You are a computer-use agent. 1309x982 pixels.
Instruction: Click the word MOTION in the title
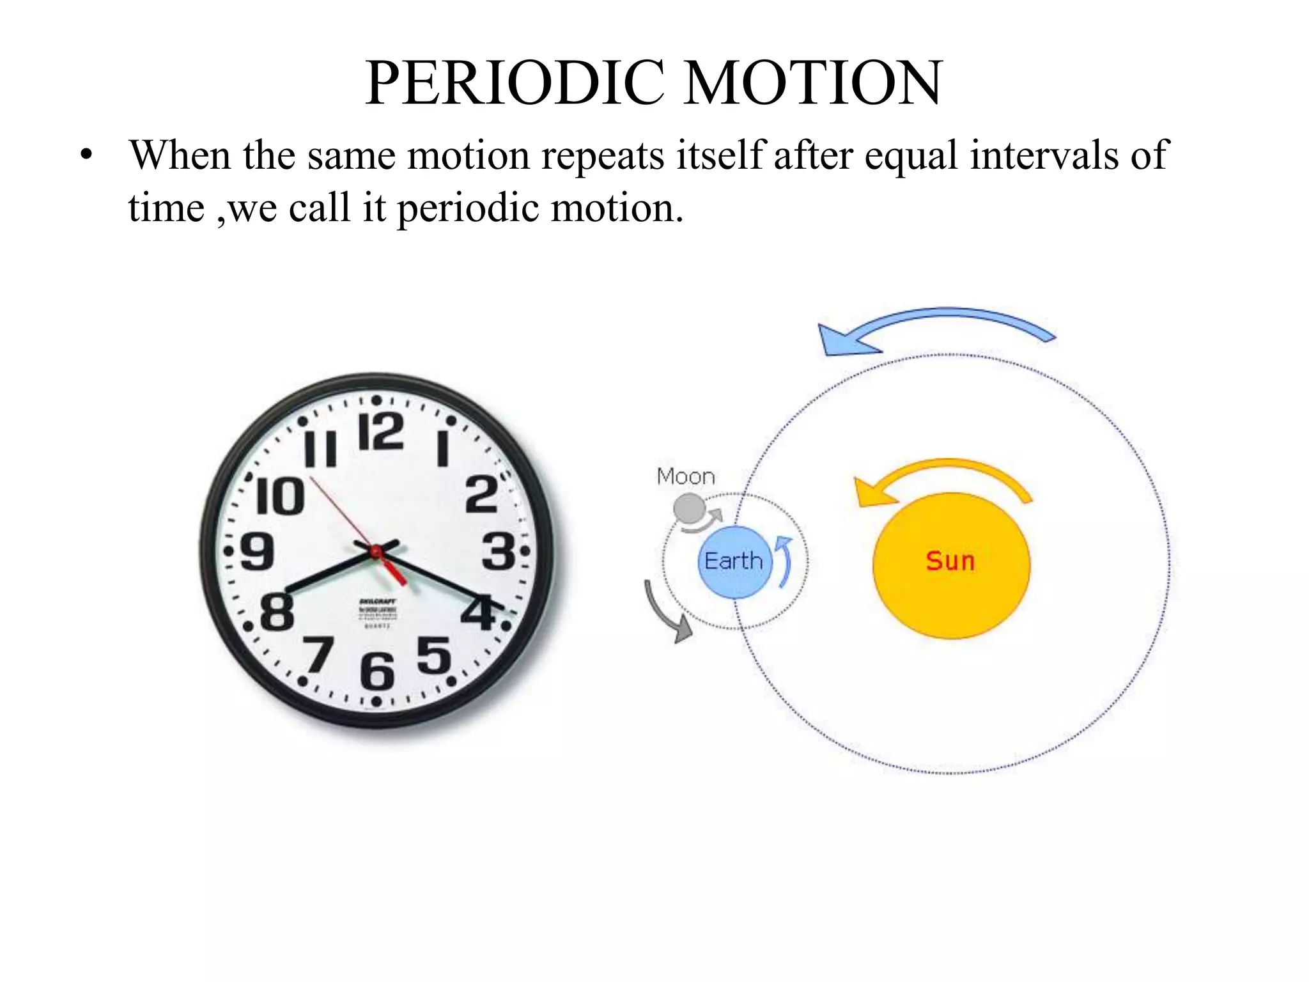[813, 84]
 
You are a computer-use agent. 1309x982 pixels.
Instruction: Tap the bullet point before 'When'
[86, 156]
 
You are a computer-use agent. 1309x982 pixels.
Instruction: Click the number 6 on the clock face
[377, 671]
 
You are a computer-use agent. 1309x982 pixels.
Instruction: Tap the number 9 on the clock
[257, 551]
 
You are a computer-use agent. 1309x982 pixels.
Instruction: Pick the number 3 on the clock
[498, 551]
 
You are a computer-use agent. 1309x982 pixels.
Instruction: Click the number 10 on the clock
[280, 497]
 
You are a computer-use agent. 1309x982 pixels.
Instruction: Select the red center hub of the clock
[376, 551]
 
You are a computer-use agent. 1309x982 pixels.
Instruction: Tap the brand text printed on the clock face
[377, 602]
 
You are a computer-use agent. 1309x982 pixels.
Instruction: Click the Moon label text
[686, 477]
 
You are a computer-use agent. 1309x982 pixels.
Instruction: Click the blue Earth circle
[734, 562]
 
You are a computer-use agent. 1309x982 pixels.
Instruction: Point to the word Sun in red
[950, 561]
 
